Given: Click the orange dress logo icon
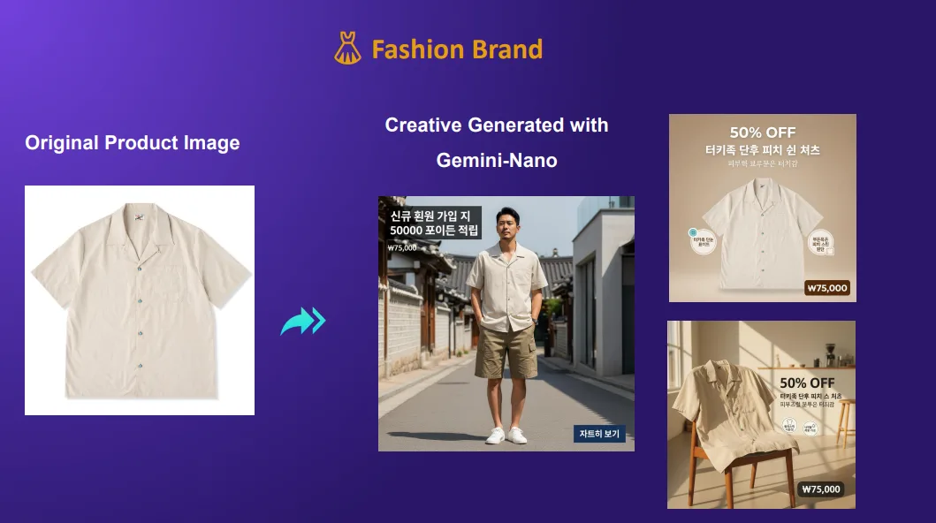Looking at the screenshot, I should (x=347, y=49).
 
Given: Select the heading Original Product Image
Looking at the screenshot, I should (x=133, y=143).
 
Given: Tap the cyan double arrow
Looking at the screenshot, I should (x=303, y=321).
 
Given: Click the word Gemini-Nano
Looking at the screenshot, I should (x=497, y=160).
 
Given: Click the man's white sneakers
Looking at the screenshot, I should (x=506, y=436).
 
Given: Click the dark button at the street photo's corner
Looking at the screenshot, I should (x=599, y=434).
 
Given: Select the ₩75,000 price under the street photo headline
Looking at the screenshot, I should (x=402, y=248).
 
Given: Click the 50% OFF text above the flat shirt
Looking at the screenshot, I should (x=762, y=133).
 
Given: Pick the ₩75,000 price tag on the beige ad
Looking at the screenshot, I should (x=827, y=288).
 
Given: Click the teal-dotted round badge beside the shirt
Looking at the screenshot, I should (x=703, y=239).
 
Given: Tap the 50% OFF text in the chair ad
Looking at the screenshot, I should (x=807, y=383).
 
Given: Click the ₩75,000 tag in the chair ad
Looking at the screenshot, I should (x=820, y=489).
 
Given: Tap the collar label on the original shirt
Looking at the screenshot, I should (x=139, y=213).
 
